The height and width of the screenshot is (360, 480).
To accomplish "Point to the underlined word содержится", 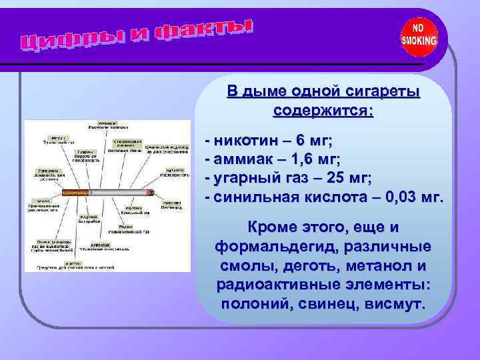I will (x=323, y=110).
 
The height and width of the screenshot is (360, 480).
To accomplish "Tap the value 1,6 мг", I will (x=311, y=160).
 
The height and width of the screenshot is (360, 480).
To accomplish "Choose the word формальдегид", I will (x=269, y=246).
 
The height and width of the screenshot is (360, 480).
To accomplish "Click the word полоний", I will (x=253, y=305).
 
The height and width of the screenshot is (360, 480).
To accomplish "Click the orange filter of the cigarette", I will (x=75, y=193).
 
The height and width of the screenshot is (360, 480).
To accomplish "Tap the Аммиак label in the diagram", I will (x=93, y=244).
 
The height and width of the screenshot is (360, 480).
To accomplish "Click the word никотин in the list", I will (x=243, y=141).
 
